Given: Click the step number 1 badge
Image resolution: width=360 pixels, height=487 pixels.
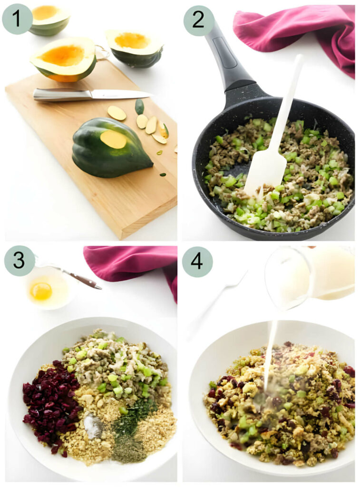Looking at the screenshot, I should (17, 19).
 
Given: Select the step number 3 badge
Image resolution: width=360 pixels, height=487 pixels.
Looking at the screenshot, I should (19, 260).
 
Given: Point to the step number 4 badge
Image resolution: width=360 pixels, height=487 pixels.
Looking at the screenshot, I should (197, 262).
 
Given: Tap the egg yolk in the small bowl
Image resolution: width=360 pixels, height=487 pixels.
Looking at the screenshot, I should (41, 291).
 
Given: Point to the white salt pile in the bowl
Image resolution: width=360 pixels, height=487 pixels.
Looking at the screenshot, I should (93, 426).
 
